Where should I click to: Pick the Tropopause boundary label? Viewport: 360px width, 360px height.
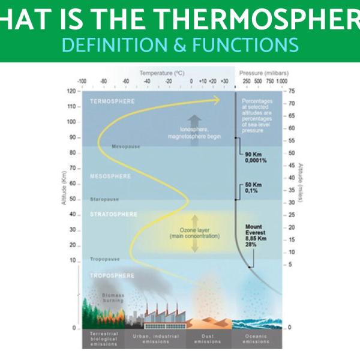point(105,259)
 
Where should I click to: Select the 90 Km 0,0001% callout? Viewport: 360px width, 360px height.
point(256,157)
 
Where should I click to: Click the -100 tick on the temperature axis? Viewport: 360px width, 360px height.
point(82,80)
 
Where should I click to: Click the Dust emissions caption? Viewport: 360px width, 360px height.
point(208,340)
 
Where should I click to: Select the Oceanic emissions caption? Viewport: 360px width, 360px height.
point(256,340)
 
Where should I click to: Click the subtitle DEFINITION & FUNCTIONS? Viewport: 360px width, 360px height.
point(180,44)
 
